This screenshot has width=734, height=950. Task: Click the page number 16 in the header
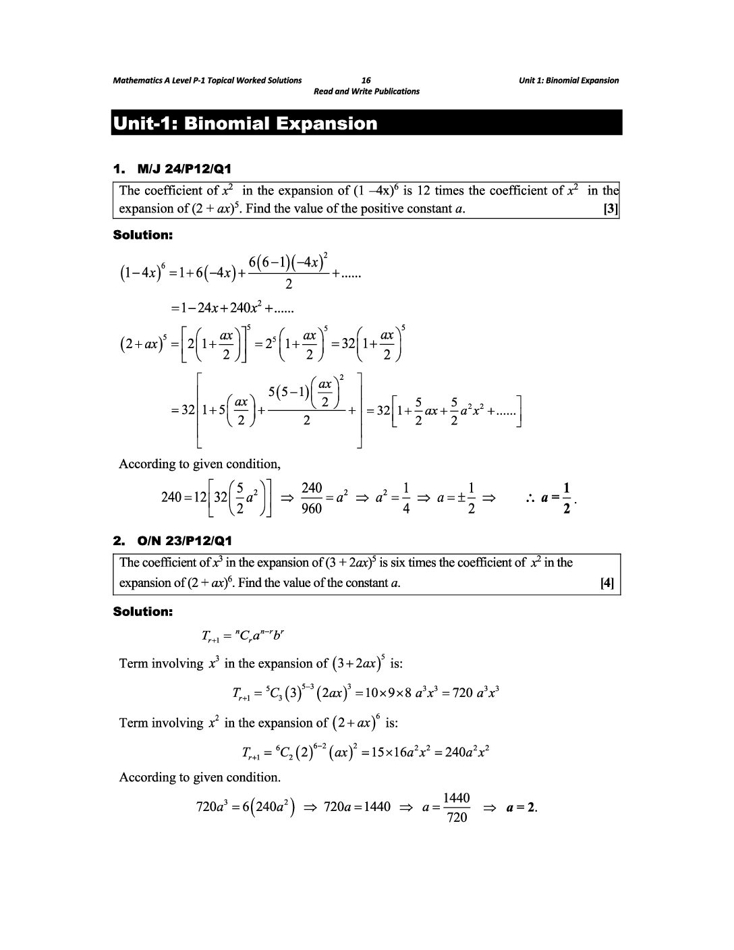366,80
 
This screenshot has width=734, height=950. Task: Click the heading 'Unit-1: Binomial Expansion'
245,123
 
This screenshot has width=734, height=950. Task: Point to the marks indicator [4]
606,583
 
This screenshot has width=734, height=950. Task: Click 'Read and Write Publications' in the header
366,91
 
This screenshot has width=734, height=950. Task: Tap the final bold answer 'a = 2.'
521,807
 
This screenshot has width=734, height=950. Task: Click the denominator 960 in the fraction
311,509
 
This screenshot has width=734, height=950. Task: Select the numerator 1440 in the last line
456,798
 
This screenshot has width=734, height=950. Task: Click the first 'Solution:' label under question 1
142,235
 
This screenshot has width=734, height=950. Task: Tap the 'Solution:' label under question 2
142,612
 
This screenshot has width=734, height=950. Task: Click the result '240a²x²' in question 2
462,752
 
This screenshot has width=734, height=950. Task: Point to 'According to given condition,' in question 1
200,464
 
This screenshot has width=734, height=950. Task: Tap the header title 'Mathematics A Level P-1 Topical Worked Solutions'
207,80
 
